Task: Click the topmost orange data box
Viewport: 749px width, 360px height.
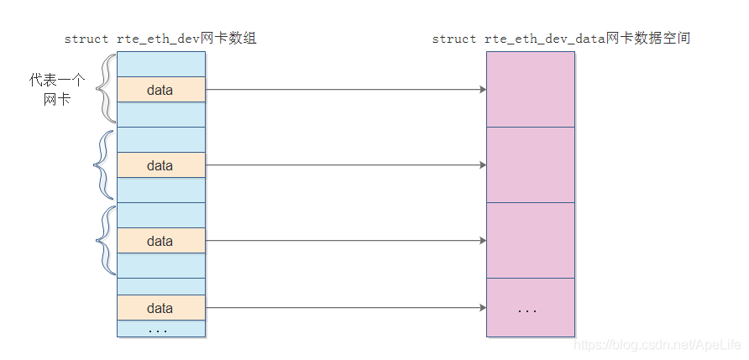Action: click(x=160, y=90)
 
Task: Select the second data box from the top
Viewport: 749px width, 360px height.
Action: click(x=160, y=165)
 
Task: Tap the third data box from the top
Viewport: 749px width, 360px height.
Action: click(x=160, y=241)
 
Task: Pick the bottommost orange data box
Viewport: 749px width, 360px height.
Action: click(x=160, y=308)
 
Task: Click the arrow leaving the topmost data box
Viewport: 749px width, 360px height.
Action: click(x=345, y=90)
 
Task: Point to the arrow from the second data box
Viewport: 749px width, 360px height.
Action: click(x=345, y=165)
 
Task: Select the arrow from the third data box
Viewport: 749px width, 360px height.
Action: click(x=345, y=241)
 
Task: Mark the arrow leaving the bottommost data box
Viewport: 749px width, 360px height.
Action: click(x=345, y=308)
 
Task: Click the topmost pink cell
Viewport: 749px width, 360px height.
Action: click(x=531, y=90)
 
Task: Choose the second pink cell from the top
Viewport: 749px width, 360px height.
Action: click(x=531, y=165)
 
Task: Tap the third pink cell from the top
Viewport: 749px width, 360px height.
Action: click(x=531, y=241)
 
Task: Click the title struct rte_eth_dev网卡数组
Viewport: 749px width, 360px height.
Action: click(x=160, y=39)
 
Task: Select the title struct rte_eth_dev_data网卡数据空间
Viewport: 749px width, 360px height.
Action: click(x=561, y=39)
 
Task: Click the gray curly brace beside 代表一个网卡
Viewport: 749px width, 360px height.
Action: click(x=106, y=89)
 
